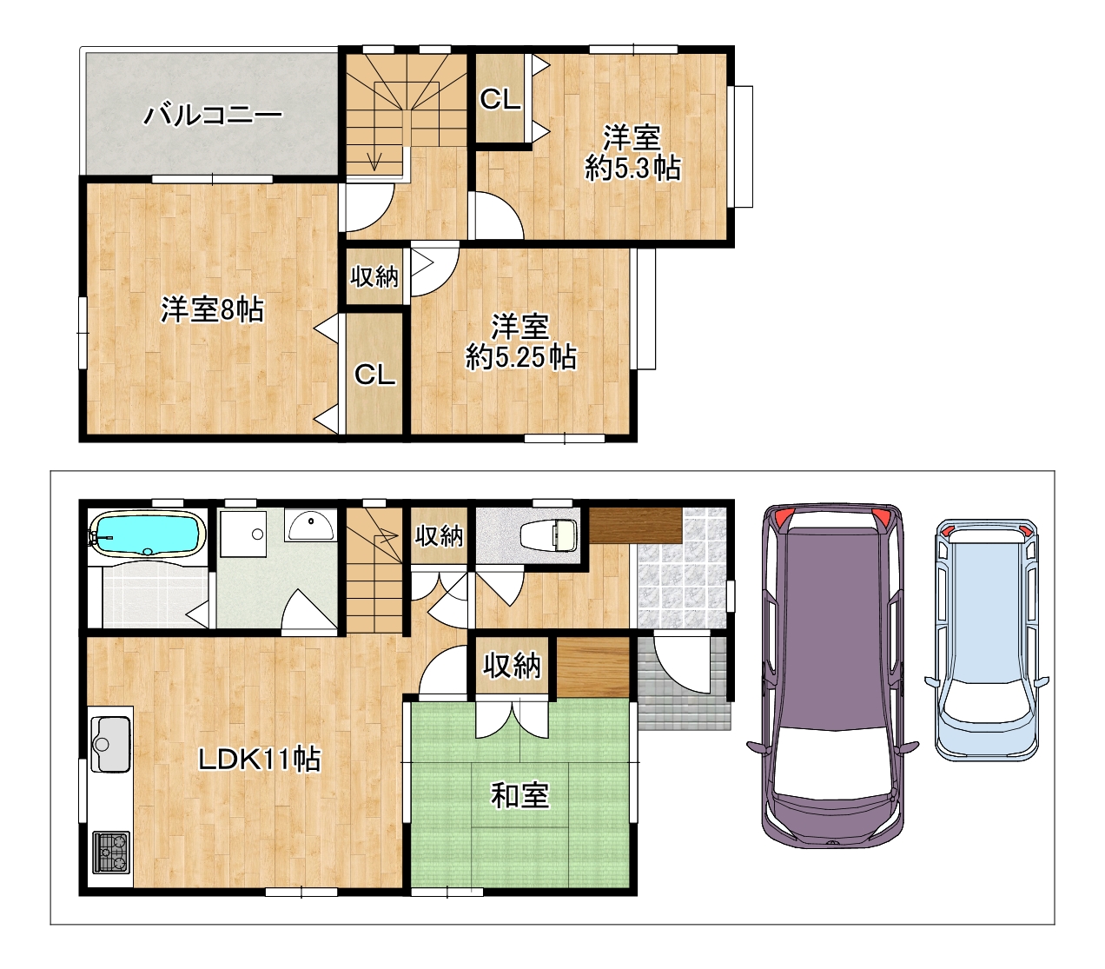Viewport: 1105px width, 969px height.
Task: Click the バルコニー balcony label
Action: [x=213, y=115]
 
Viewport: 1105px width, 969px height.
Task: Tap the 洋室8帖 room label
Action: [x=212, y=310]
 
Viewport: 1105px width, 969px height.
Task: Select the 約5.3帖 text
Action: [x=632, y=168]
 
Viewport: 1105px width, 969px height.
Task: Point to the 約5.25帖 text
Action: [x=521, y=357]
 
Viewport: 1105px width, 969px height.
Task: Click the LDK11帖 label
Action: [x=259, y=759]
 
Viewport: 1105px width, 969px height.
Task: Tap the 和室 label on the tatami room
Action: [x=519, y=795]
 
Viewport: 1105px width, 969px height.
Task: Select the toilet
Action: [x=549, y=534]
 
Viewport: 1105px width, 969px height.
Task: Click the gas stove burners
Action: [x=110, y=853]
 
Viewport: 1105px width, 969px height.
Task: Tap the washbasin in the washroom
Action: [x=311, y=526]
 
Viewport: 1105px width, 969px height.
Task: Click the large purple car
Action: [x=832, y=675]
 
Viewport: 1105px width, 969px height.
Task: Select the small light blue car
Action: [x=987, y=640]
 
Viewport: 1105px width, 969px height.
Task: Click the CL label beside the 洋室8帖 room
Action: [x=374, y=375]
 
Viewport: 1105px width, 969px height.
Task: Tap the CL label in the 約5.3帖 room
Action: [x=500, y=99]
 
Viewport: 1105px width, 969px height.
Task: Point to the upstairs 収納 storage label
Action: [x=374, y=276]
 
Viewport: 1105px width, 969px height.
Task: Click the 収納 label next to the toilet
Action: [x=439, y=536]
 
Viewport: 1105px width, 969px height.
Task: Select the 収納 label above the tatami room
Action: [x=512, y=666]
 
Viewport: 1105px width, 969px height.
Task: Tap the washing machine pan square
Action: [x=242, y=534]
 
